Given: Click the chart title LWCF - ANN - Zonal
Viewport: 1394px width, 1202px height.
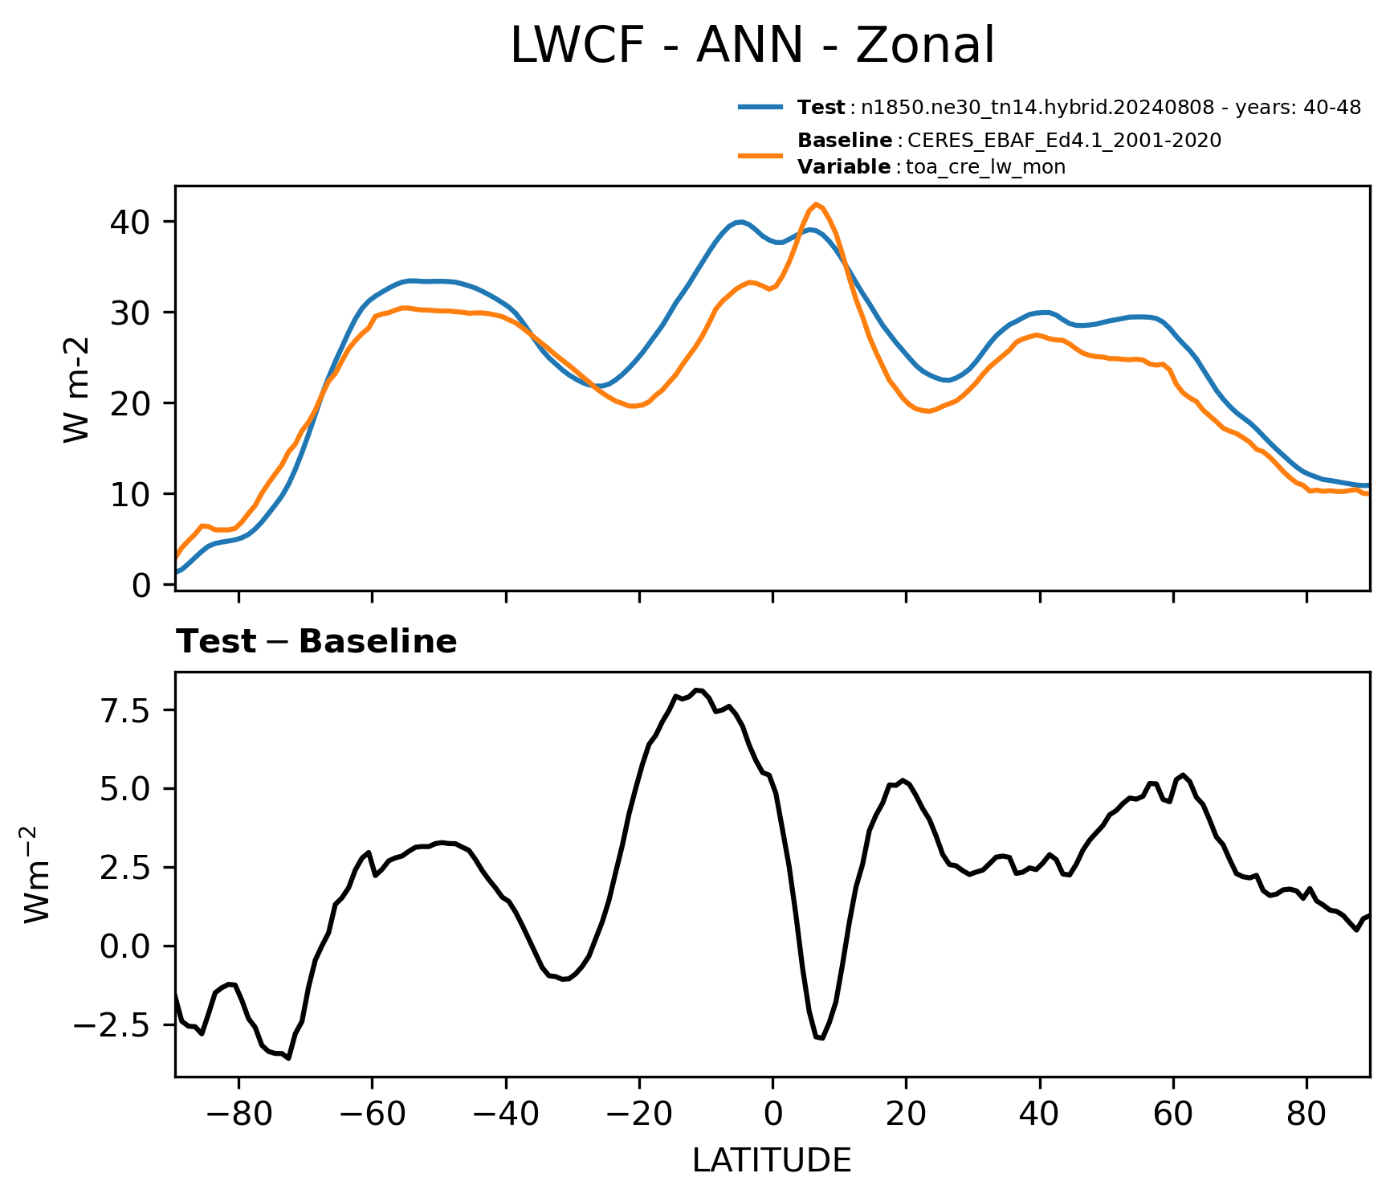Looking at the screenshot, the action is (x=752, y=45).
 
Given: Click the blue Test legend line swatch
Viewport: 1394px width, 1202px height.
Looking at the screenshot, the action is (x=760, y=107).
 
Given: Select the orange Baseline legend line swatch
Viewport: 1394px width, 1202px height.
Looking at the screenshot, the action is (x=760, y=154).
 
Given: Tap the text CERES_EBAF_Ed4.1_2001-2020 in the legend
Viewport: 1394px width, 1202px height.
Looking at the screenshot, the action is (x=1065, y=141).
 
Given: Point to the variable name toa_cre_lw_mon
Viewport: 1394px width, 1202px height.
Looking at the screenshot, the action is (x=986, y=167).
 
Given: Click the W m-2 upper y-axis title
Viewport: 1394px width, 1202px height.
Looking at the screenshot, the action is (x=75, y=390).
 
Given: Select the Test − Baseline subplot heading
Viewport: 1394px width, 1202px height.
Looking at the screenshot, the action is (x=316, y=642).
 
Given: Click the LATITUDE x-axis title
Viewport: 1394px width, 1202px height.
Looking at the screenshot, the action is (x=772, y=1161).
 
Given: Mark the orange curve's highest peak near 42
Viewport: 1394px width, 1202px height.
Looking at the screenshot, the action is (x=816, y=204).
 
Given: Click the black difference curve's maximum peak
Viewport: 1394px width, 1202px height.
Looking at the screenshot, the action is (x=699, y=689).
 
